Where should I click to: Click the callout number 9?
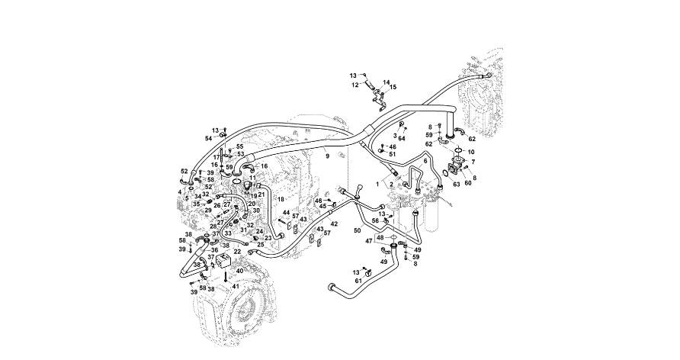point(326,156)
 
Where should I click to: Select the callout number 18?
point(281,199)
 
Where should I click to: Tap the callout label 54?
point(208,138)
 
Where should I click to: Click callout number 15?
point(393,88)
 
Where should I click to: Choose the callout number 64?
point(402,138)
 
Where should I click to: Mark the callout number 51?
point(393,154)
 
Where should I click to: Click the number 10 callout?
point(470,152)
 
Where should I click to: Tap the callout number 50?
point(357,230)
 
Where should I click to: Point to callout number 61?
point(358,281)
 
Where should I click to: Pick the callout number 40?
point(240,271)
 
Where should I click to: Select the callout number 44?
point(287,214)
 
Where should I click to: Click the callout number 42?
point(333,224)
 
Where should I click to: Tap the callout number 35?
point(196,204)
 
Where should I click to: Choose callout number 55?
point(239,146)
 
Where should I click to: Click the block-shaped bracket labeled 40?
point(225,261)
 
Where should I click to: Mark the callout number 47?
point(369,240)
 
